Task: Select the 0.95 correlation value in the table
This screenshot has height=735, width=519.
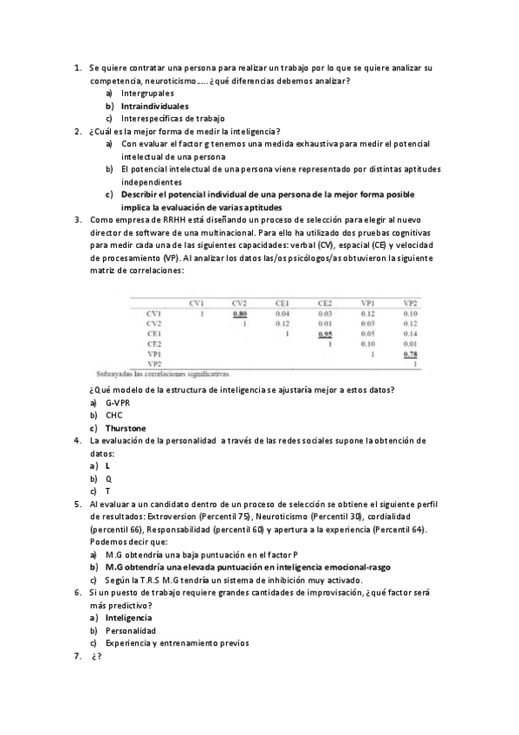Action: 325,333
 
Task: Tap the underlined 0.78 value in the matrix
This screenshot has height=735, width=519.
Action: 411,354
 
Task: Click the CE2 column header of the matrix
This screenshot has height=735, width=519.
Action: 325,302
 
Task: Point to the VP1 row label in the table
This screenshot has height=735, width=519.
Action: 154,354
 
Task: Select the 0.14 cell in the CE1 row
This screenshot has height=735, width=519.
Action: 411,333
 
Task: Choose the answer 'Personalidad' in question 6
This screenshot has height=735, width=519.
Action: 131,631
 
